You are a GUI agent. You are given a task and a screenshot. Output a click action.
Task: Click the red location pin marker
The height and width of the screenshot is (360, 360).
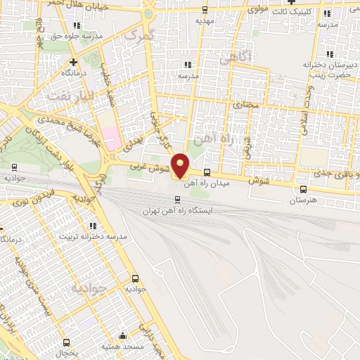point(180,165)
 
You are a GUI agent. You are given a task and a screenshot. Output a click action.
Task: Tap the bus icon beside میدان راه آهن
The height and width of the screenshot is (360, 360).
point(206,172)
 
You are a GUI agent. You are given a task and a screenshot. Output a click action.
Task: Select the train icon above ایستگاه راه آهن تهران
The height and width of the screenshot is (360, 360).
point(177,199)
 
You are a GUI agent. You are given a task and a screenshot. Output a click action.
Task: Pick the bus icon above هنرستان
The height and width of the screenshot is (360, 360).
point(303,188)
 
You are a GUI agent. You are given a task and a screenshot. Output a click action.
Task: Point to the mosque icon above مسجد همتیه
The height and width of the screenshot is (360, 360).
point(124,335)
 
